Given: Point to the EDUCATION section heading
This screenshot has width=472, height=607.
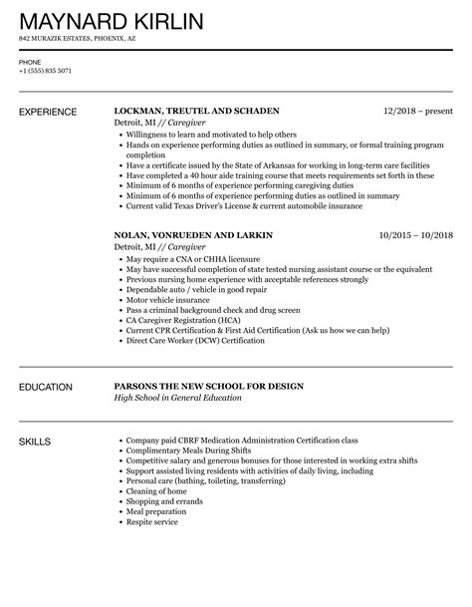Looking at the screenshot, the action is coord(46,386).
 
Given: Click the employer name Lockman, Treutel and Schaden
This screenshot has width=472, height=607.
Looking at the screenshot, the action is coord(197,111).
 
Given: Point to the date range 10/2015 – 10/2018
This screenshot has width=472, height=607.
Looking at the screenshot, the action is coord(415,235).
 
